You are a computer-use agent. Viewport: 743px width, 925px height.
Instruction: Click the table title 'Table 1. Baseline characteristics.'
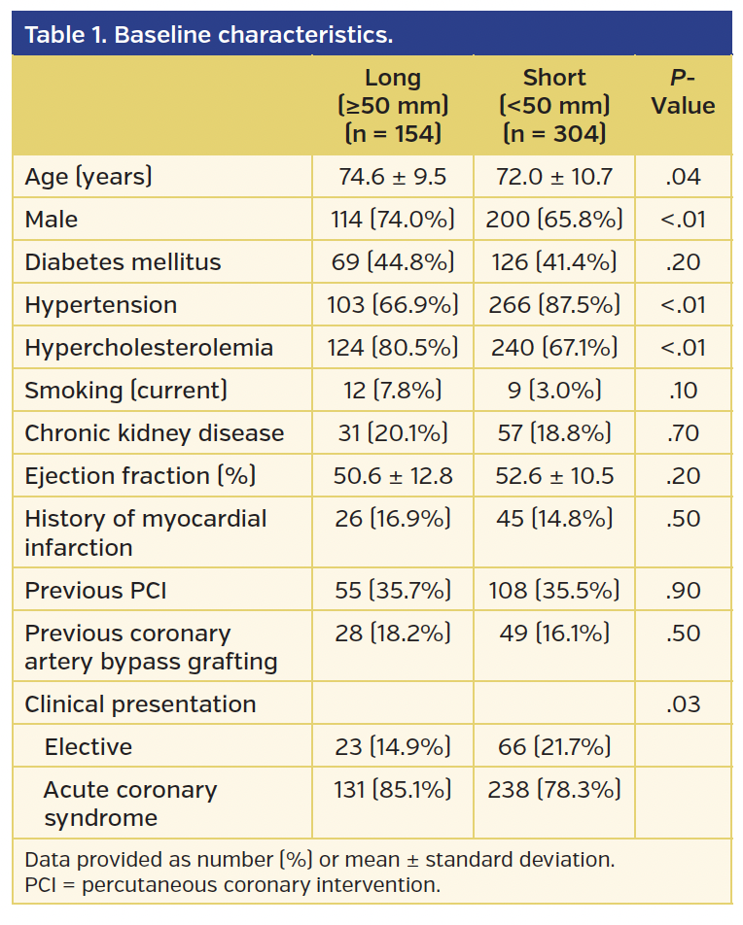208,35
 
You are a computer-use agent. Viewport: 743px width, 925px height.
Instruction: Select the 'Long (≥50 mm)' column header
392,105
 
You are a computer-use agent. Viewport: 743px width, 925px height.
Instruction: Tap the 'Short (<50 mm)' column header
553,105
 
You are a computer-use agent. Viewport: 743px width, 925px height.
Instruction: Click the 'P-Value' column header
683,92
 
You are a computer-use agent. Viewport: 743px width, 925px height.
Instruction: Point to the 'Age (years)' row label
88,177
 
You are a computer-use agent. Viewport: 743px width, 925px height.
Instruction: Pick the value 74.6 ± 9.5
392,177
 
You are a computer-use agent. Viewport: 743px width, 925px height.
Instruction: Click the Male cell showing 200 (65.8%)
553,220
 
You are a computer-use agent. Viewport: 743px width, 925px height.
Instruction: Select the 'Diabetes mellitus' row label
123,262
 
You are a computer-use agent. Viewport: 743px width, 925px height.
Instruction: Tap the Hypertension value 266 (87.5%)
553,305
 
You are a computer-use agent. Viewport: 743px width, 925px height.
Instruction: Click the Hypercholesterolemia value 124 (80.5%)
392,348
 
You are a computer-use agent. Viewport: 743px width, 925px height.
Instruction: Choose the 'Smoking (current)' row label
125,391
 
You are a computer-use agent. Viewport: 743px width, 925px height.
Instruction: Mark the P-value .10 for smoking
683,391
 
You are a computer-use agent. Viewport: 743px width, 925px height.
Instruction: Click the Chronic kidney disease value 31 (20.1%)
392,433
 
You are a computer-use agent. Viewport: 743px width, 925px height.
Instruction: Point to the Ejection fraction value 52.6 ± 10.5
553,476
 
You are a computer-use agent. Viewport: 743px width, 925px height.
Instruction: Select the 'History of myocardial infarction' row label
145,532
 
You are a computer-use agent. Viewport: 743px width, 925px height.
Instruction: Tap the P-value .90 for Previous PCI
683,591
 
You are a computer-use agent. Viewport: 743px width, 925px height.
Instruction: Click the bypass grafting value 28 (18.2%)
392,634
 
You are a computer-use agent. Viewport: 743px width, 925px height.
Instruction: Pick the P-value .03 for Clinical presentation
683,704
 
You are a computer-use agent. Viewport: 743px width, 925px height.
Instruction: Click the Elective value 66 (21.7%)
553,747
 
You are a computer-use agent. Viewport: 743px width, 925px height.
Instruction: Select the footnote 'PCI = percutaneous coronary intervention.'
231,885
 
